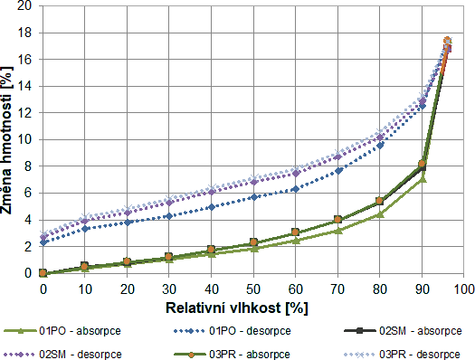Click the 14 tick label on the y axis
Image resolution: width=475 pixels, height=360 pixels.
coord(26,86)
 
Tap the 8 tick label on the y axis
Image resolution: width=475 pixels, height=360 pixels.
coord(30,166)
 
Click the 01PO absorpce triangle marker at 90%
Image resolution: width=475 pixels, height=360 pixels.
coord(423,178)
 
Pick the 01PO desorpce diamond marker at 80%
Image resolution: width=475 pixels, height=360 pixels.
coord(380,145)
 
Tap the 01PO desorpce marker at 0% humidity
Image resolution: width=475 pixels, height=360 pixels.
coord(43,242)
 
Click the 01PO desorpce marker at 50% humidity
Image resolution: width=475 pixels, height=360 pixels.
coord(253,197)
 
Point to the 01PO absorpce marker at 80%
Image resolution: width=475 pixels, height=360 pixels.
coord(380,214)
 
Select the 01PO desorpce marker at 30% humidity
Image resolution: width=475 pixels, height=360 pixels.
coord(169,216)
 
